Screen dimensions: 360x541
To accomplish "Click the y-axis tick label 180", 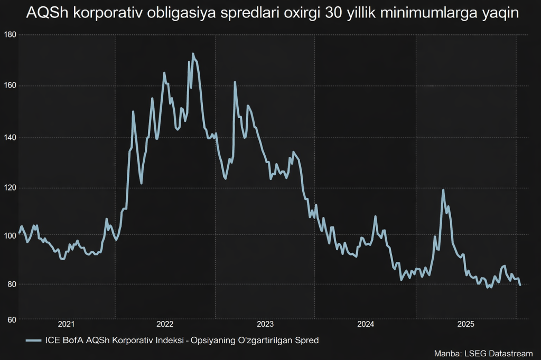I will click(10, 35).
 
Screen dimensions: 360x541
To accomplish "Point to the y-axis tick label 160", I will click(10, 86).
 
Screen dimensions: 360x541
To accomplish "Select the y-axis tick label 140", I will click(10, 137).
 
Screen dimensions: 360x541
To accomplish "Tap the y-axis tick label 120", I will click(10, 188).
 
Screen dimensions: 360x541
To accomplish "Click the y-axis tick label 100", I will click(10, 235).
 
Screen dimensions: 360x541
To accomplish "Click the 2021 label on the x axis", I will click(66, 324).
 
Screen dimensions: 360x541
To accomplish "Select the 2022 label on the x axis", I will click(165, 324).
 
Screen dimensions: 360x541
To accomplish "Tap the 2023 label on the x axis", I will click(265, 324).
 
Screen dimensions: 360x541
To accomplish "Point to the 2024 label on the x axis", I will click(365, 324).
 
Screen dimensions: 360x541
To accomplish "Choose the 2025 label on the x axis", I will click(465, 324).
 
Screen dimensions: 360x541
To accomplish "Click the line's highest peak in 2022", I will click(193, 53).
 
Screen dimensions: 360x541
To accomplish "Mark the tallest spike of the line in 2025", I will click(443, 190).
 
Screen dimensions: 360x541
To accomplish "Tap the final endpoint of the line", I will click(520, 285).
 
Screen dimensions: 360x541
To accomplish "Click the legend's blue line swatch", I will click(33, 340).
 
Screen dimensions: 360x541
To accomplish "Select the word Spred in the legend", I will click(307, 340).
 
